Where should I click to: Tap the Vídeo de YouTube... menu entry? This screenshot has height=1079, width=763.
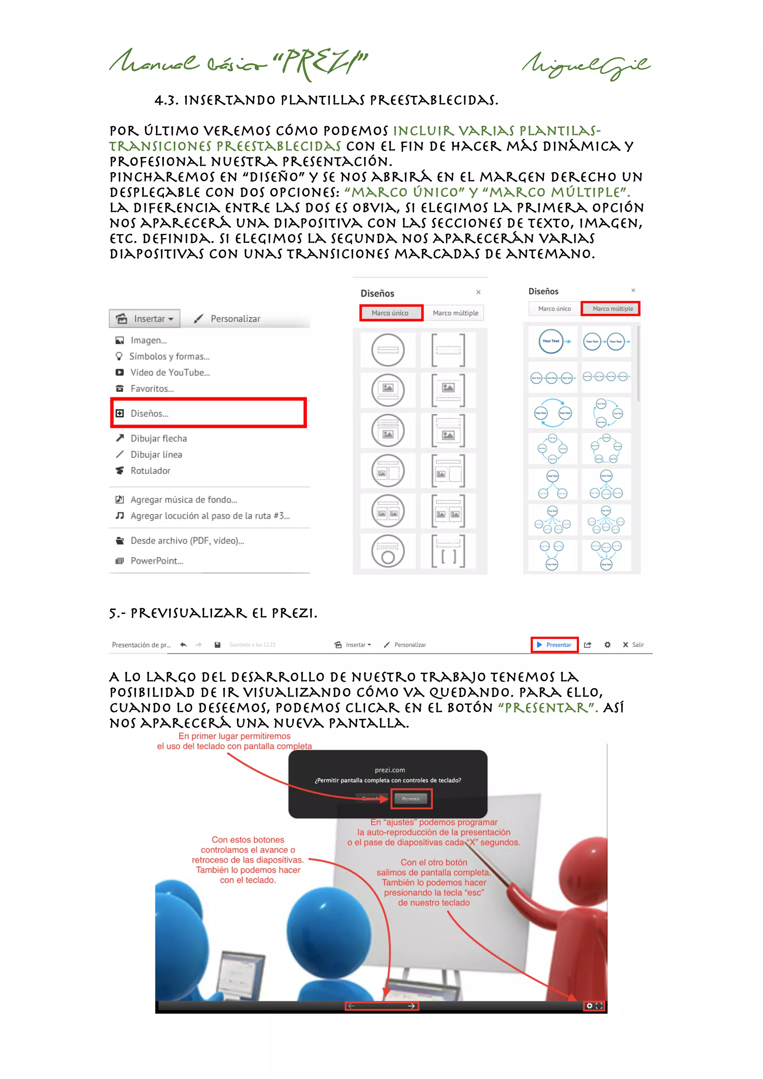[170, 372]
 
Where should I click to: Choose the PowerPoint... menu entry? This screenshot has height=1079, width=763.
[156, 561]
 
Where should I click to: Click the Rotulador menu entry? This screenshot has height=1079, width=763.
[150, 470]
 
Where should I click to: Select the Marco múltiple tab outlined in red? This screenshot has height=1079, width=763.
[612, 309]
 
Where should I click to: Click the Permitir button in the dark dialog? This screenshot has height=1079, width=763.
[411, 798]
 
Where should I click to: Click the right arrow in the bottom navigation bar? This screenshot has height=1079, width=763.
[411, 1006]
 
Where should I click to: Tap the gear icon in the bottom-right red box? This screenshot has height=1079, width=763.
[589, 1006]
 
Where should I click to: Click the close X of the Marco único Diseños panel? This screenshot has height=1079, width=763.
[478, 292]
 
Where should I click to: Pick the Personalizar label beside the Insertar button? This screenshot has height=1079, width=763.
[235, 319]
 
